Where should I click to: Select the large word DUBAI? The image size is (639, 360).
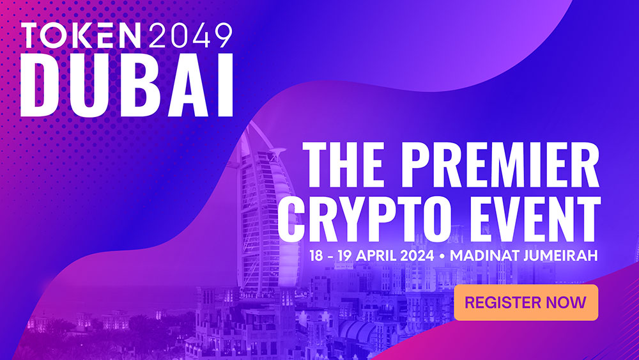pos(127,85)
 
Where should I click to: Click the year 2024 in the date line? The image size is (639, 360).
pos(417,256)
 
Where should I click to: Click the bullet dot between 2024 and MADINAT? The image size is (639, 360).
pos(442,256)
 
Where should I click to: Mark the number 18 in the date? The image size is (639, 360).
pos(316,256)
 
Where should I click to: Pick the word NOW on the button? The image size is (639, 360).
pos(566,302)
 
